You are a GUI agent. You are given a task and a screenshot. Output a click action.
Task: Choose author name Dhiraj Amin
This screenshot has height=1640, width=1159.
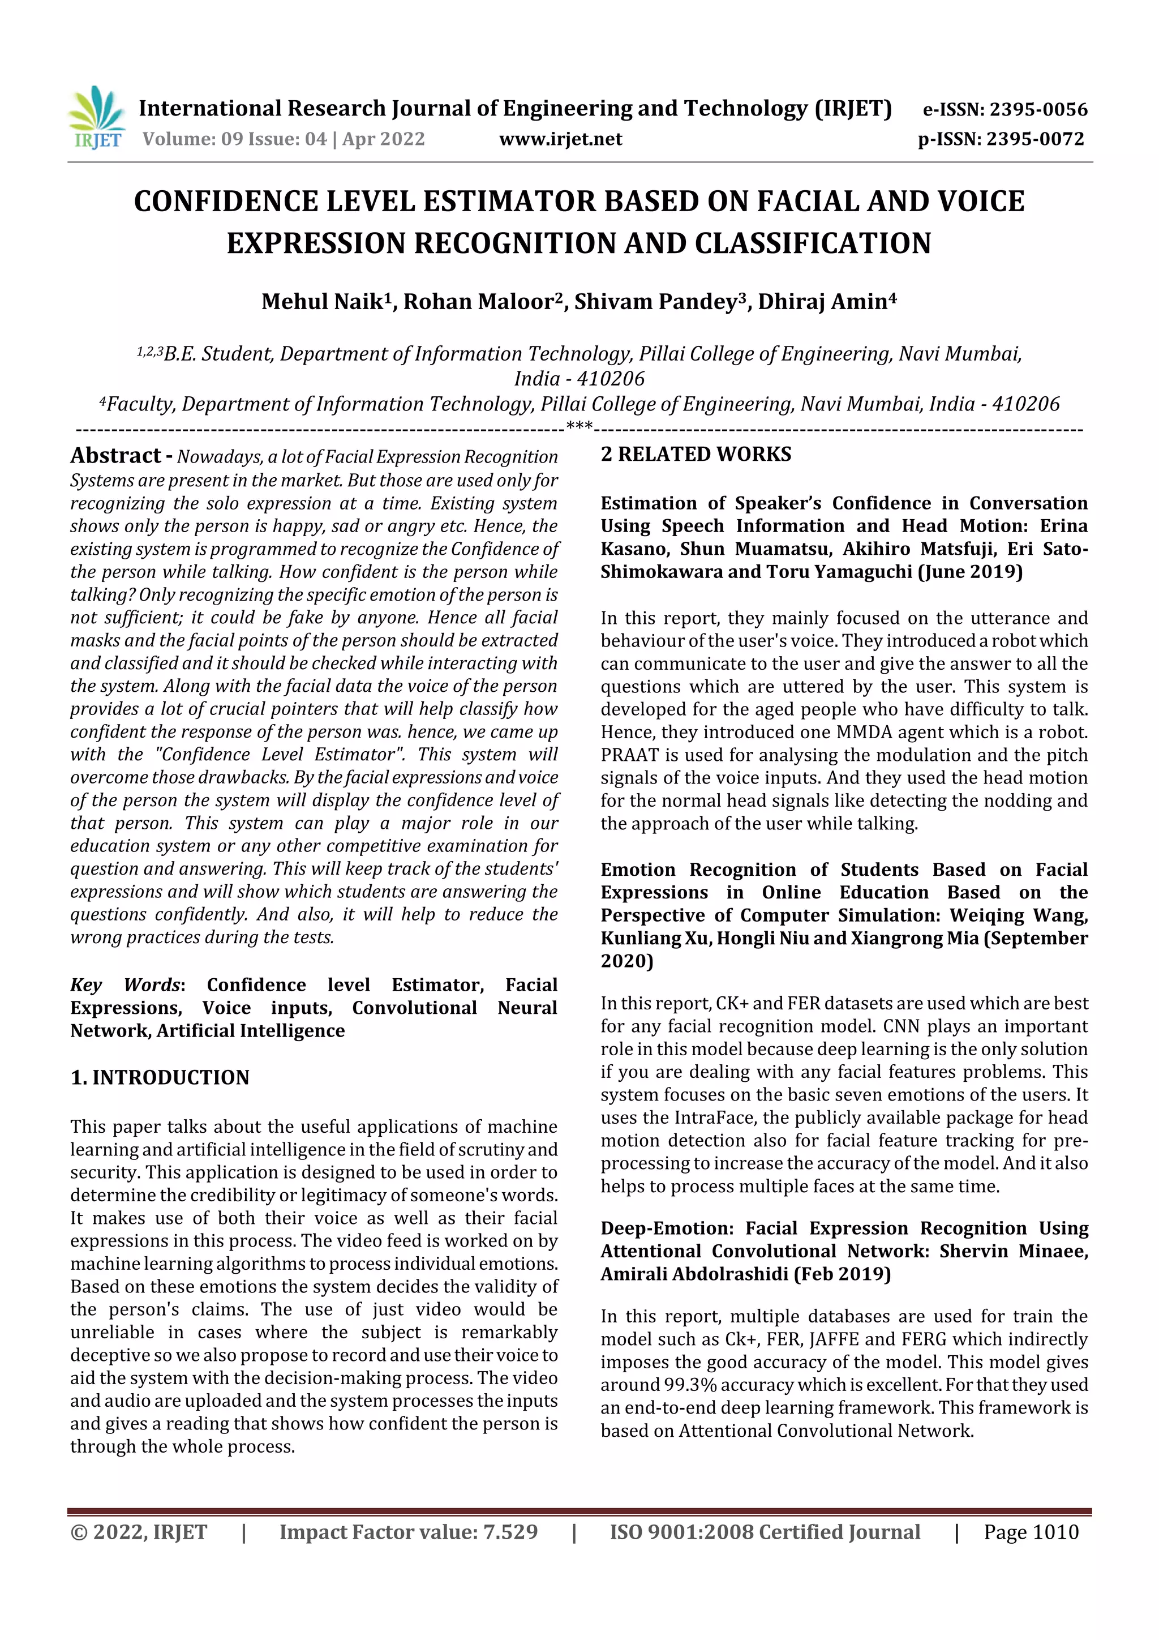(x=822, y=301)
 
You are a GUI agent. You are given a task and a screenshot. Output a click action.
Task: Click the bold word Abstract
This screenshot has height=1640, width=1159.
(x=115, y=456)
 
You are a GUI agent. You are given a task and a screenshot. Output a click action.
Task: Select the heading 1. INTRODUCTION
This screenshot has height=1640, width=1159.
(x=160, y=1077)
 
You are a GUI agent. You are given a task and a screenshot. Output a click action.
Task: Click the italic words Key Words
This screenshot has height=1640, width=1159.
(x=126, y=985)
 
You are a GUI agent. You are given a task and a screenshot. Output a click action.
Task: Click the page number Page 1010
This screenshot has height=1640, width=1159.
(x=1031, y=1532)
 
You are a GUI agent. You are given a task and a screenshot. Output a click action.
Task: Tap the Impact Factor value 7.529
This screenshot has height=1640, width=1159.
(x=510, y=1532)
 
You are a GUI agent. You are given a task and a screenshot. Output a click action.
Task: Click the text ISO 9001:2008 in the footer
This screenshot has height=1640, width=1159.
(x=681, y=1532)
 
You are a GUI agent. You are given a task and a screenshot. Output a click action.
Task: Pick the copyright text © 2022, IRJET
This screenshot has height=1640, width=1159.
(x=139, y=1532)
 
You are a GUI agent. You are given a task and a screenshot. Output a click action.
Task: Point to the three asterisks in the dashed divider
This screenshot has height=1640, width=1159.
(x=578, y=426)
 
